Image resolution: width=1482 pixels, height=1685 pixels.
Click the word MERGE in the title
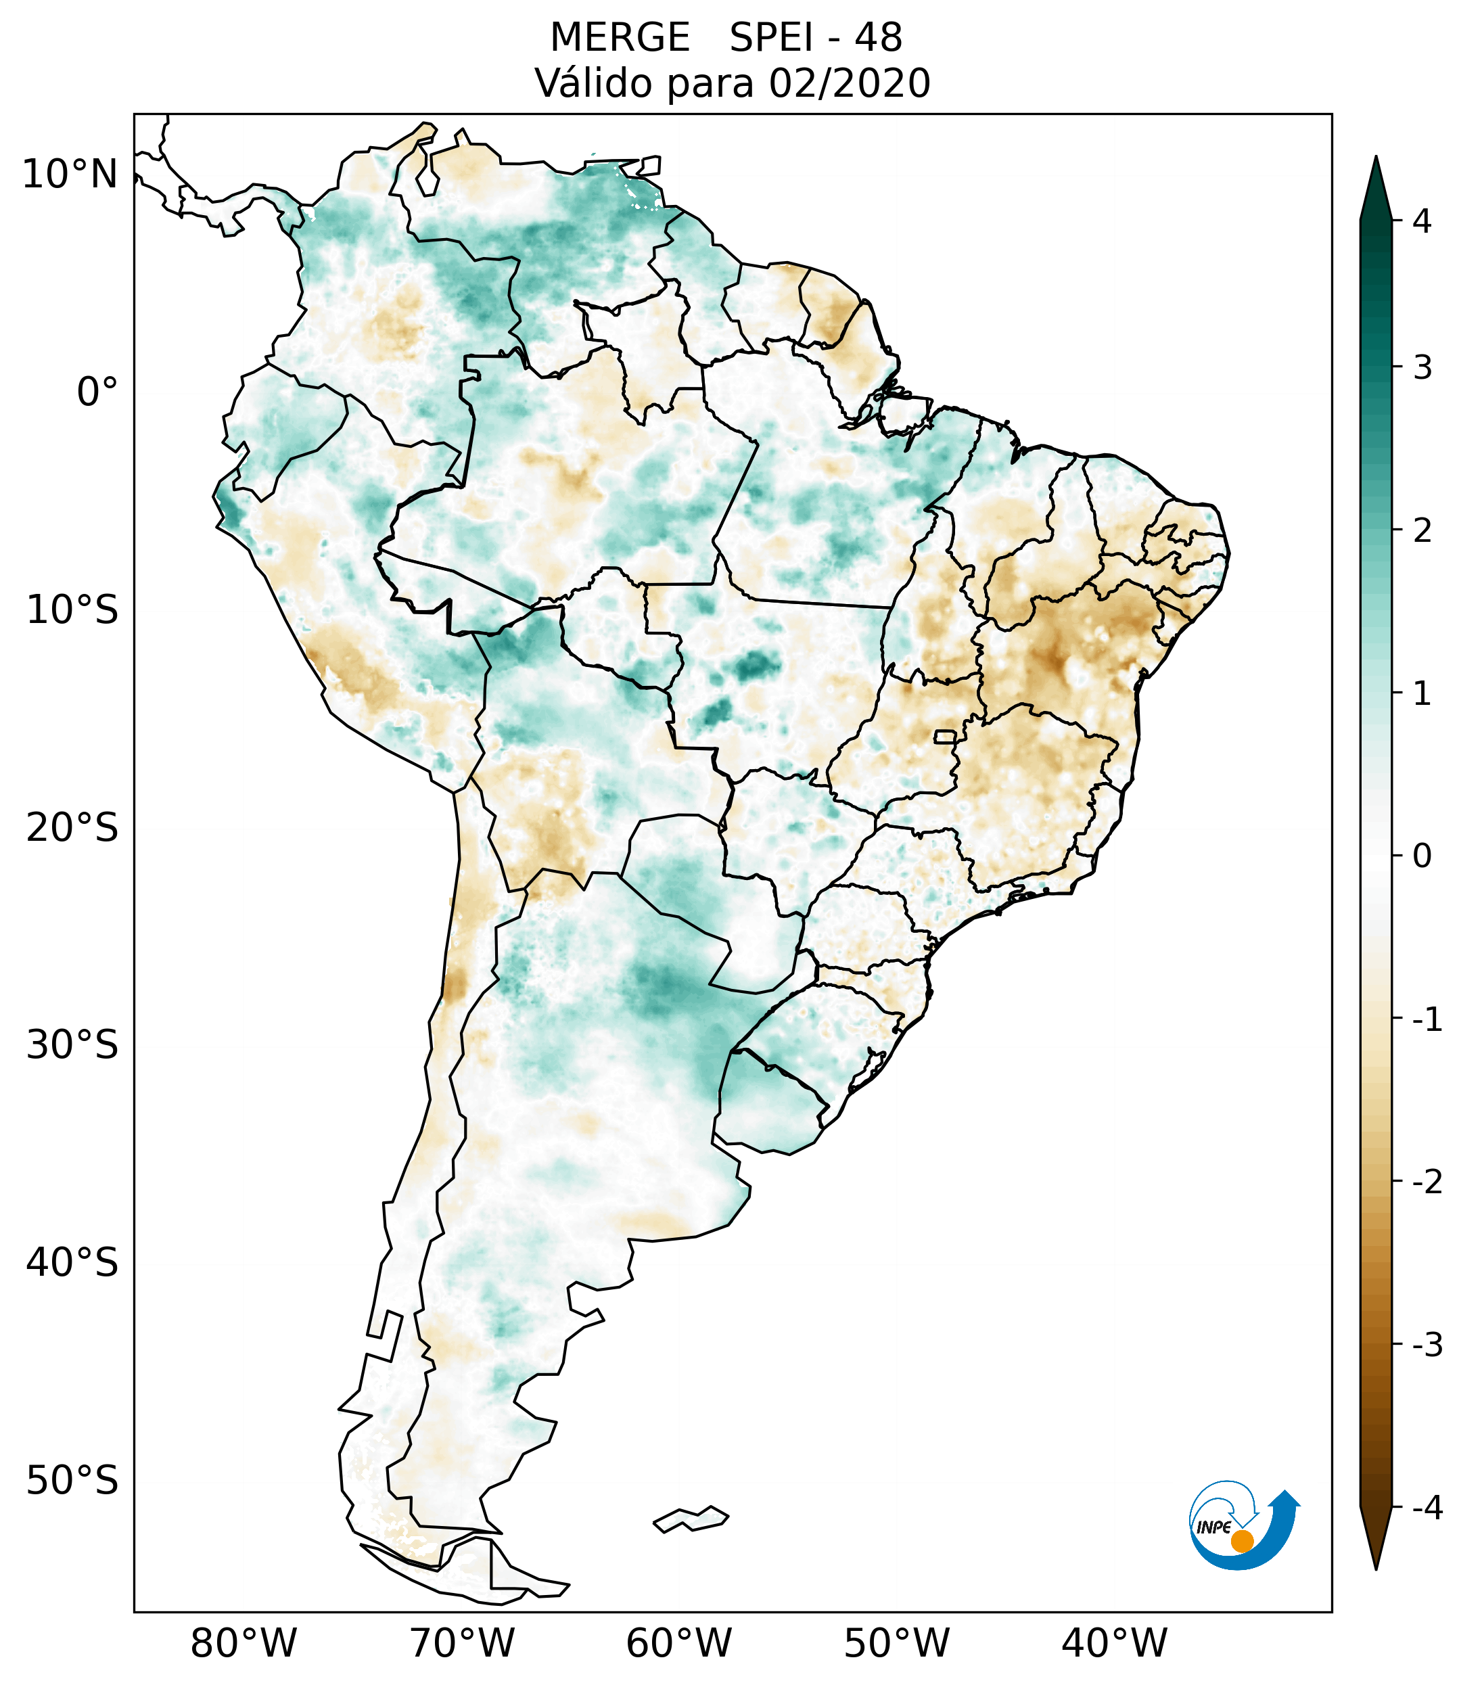pos(620,38)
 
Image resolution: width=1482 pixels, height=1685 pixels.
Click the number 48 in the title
pos(878,38)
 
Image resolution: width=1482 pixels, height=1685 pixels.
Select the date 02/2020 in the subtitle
pos(849,83)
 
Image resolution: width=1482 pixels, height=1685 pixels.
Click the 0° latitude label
pos(97,392)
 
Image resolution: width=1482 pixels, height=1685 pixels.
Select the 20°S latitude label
pos(72,828)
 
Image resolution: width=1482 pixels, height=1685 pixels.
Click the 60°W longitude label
pos(678,1644)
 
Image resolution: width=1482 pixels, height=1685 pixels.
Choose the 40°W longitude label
pos(1115,1644)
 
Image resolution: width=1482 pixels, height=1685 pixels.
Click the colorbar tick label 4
pos(1422,221)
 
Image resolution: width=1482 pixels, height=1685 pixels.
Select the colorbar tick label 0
pos(1422,856)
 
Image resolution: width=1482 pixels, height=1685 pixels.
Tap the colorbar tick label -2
pos(1427,1182)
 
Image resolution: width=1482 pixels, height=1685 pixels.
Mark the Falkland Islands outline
pos(691,1519)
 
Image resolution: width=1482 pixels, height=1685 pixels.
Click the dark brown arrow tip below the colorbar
pos(1376,1540)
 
